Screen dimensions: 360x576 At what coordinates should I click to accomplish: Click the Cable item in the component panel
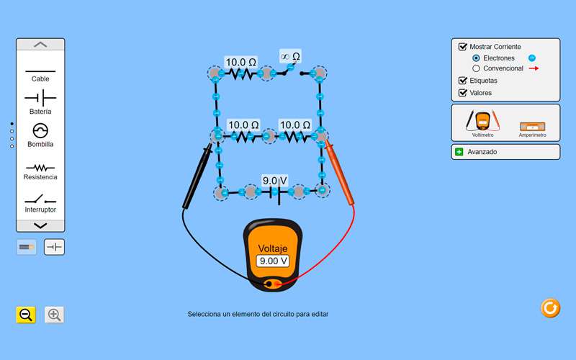(40, 72)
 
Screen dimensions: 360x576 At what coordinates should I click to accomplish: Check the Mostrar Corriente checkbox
(463, 47)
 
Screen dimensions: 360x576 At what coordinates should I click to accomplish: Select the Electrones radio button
(476, 58)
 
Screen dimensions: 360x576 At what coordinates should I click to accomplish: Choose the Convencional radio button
(476, 68)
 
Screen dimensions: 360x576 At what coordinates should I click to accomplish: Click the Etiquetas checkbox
(463, 81)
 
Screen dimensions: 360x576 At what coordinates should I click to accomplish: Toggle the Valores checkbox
(463, 93)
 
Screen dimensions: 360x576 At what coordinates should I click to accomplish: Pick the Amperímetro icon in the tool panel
(533, 125)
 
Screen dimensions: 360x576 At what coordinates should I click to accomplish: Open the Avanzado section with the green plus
(459, 152)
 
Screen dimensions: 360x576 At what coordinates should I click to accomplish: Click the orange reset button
(550, 308)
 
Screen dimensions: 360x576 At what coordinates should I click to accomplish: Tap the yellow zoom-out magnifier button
(26, 315)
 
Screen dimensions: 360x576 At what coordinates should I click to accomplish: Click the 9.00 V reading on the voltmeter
(273, 261)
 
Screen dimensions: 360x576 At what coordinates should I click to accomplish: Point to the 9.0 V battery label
(274, 181)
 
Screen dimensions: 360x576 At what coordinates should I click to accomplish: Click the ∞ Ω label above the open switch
(290, 56)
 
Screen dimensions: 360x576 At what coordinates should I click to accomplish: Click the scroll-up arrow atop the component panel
(40, 45)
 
